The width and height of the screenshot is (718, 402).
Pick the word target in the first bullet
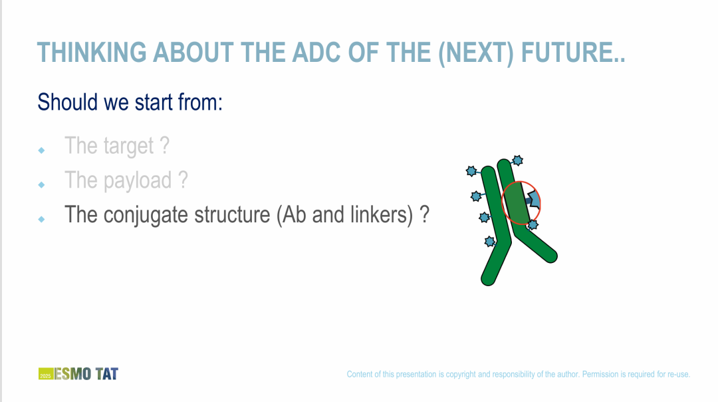pos(129,146)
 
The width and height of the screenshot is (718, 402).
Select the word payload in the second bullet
pos(138,180)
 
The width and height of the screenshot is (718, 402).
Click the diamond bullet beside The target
pos(42,150)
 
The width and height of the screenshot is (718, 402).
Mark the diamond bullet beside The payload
pos(42,185)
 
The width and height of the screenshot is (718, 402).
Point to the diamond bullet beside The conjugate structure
pos(42,219)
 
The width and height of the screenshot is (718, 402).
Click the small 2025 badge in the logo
pos(45,373)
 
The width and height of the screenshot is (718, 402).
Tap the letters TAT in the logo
pos(107,374)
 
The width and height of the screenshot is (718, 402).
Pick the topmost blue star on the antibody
pos(517,160)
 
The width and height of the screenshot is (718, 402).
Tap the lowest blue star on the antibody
pos(489,241)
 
